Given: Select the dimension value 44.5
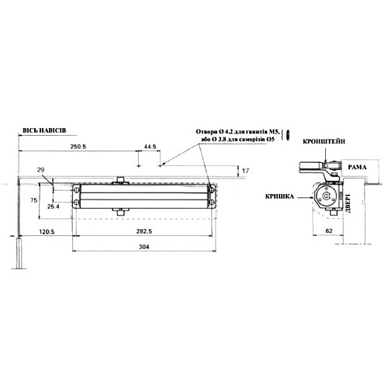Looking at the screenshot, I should [x=150, y=146].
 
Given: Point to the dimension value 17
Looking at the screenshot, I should [x=246, y=170].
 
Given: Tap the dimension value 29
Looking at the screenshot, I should [x=41, y=169].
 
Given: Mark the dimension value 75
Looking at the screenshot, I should [x=33, y=199].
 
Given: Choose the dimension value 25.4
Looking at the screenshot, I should [x=54, y=206].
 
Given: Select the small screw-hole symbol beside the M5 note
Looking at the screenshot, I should [x=288, y=137].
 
